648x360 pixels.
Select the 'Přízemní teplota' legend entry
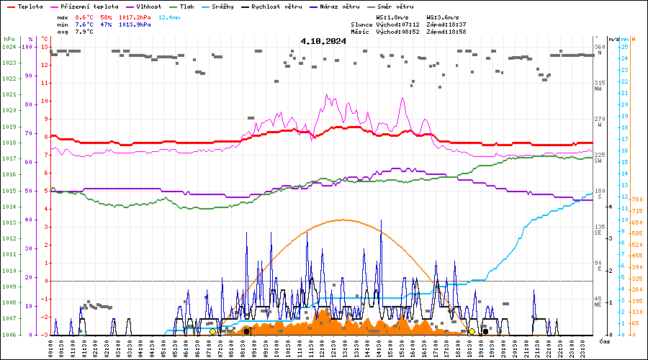tap(94, 6)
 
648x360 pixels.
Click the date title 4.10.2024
tap(323, 41)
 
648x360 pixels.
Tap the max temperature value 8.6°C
tap(85, 17)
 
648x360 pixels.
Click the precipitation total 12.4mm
tap(165, 17)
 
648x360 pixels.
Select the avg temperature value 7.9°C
tap(85, 32)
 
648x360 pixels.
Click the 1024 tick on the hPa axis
tap(9, 47)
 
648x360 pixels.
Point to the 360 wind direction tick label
tap(598, 47)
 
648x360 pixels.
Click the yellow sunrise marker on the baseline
tap(212, 331)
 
